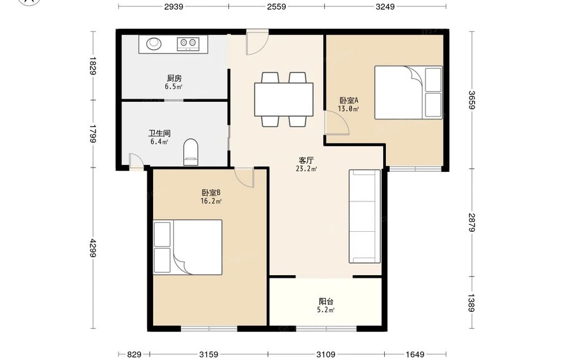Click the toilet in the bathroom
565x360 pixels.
(x=190, y=152)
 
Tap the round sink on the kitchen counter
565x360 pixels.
(x=154, y=44)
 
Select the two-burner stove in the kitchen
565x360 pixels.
(x=188, y=44)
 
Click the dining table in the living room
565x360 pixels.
(x=284, y=99)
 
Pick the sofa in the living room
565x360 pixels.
(x=364, y=216)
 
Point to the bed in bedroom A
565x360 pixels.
(x=408, y=92)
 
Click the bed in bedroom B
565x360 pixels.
(x=188, y=247)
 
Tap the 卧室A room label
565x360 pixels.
(x=349, y=100)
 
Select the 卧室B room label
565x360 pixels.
(x=211, y=193)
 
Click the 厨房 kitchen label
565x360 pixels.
(x=175, y=78)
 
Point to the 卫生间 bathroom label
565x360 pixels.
(x=159, y=133)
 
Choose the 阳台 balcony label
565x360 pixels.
(x=326, y=301)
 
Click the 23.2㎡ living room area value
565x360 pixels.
(x=306, y=168)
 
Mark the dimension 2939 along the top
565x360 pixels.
(x=173, y=6)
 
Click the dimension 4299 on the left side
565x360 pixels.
(x=93, y=248)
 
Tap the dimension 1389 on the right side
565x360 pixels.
(x=472, y=303)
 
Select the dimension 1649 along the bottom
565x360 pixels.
(x=415, y=354)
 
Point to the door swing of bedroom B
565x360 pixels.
(x=244, y=177)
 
